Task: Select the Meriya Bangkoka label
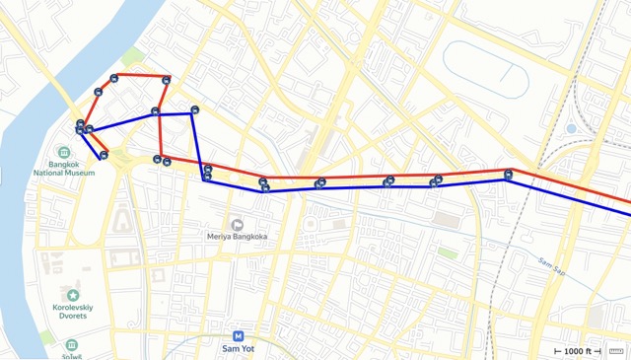tap(238, 237)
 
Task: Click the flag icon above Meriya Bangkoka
tap(238, 223)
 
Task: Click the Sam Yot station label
tap(239, 348)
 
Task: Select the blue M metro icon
tap(239, 334)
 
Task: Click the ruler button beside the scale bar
tap(618, 350)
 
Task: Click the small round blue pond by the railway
tap(571, 128)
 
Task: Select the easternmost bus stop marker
tap(508, 175)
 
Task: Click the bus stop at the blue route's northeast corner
tap(195, 110)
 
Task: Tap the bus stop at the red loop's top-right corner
tap(167, 80)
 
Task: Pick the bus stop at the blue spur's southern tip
tap(104, 154)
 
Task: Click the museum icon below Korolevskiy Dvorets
tap(72, 345)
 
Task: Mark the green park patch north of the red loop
tap(132, 55)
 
